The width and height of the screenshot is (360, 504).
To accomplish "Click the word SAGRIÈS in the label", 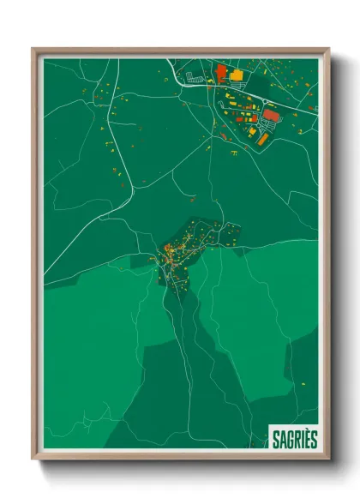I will click(294, 439).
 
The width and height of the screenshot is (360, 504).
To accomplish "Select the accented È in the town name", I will click(305, 439).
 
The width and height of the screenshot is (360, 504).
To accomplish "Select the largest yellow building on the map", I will click(235, 75).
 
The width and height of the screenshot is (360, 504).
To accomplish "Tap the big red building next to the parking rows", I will click(271, 114).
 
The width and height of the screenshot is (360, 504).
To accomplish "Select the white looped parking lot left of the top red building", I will click(195, 79).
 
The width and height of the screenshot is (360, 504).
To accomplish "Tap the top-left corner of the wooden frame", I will click(33, 49).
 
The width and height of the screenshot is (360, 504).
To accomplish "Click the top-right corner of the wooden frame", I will click(328, 49).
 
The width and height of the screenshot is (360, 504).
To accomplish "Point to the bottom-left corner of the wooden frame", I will click(33, 459).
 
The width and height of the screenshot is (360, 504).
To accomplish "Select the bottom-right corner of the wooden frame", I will click(328, 459).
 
